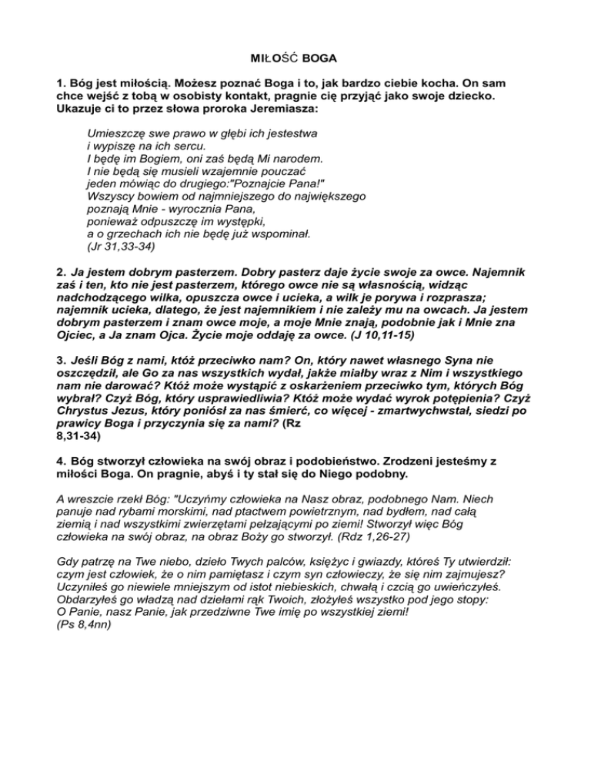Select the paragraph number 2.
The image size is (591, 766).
[61, 272]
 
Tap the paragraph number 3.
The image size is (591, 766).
[61, 359]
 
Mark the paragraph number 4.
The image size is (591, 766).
[61, 460]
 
